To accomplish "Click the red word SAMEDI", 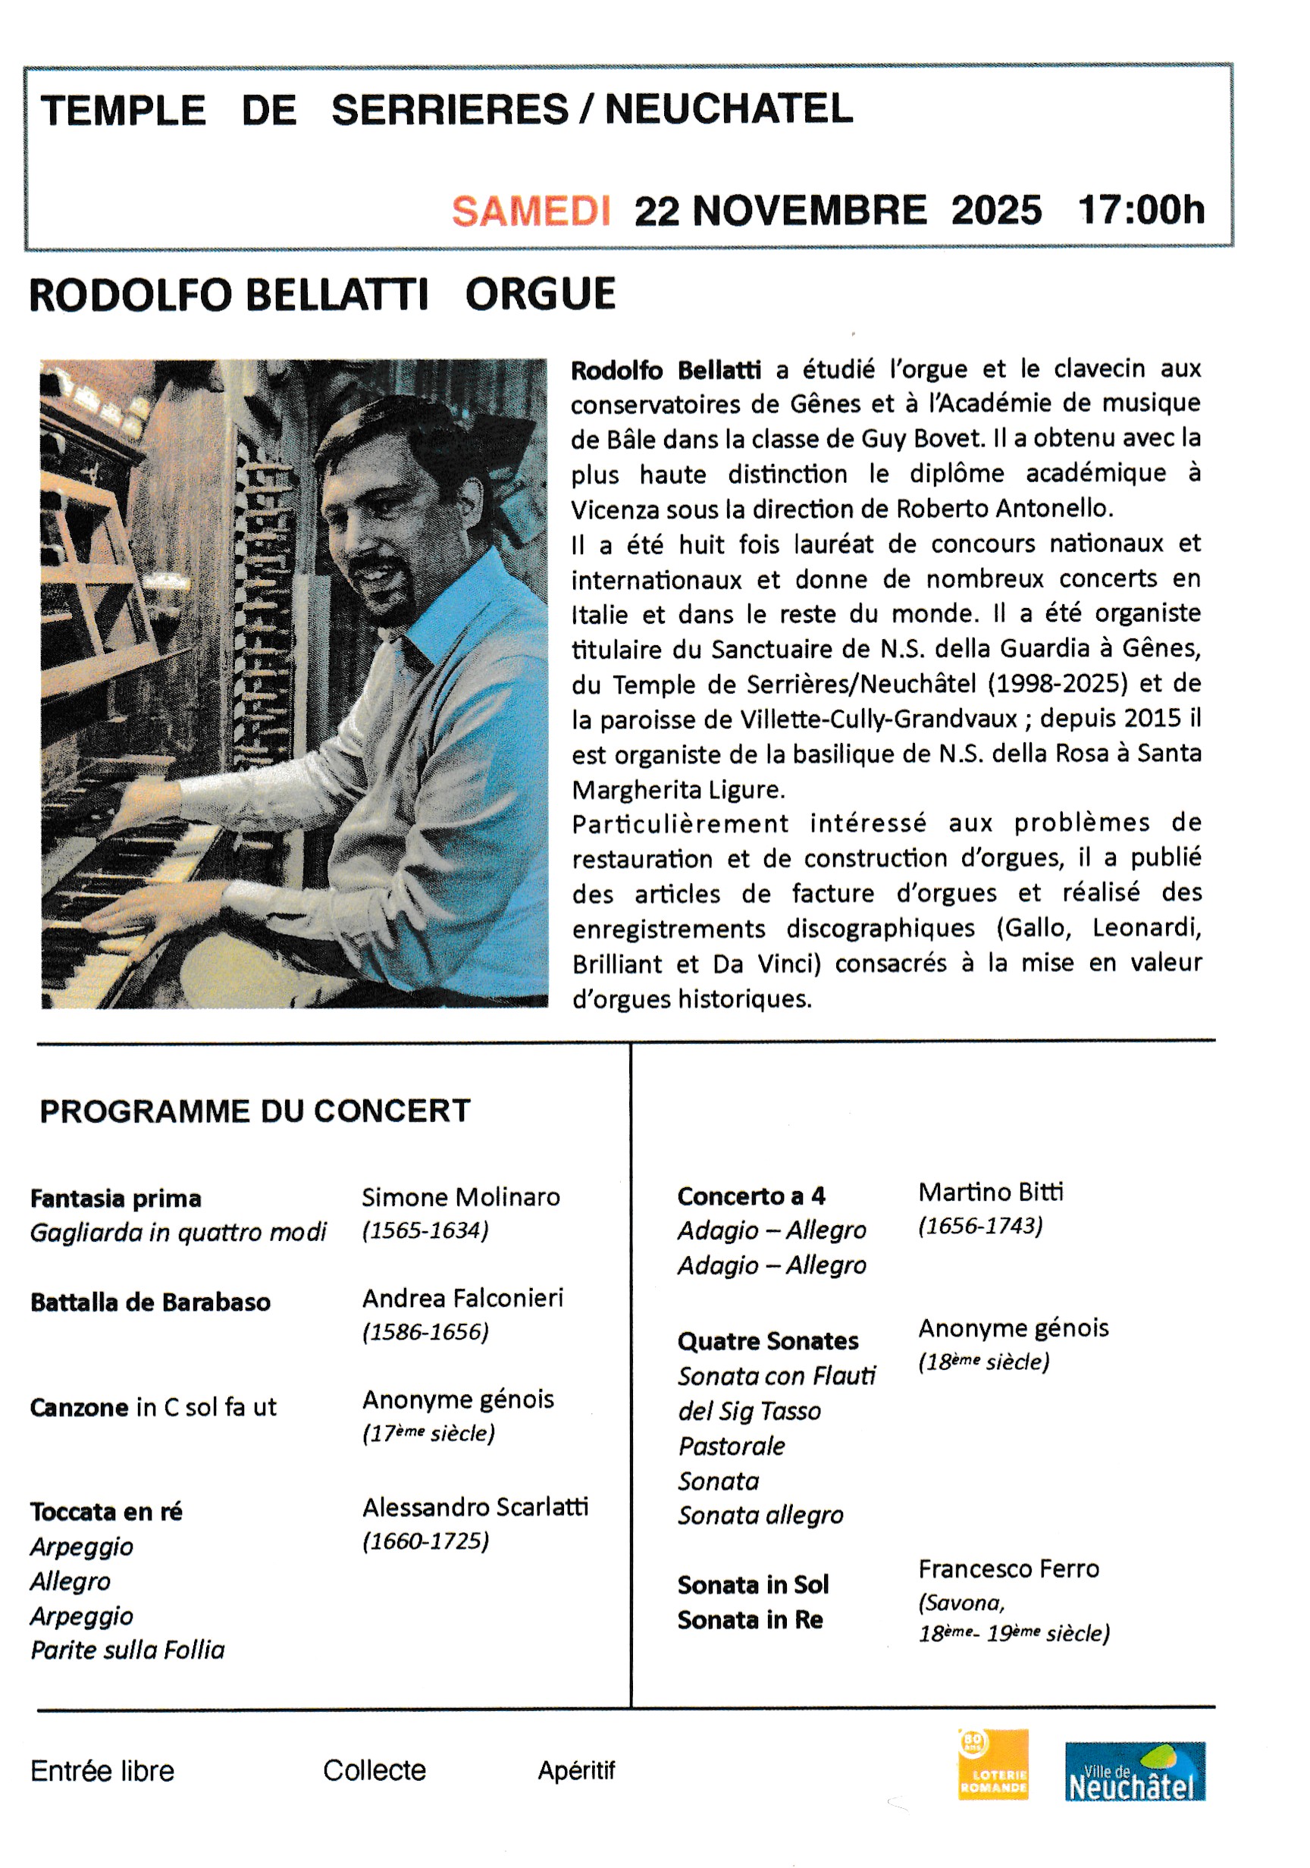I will click(531, 212).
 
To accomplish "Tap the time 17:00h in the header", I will click(1140, 210).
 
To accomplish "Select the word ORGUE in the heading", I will click(540, 294).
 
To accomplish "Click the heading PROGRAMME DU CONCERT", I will click(255, 1111).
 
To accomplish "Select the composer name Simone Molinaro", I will click(460, 1198).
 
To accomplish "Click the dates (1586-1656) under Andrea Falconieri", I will click(425, 1332).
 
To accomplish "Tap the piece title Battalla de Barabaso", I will click(151, 1302).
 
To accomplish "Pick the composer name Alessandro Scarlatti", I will click(475, 1508).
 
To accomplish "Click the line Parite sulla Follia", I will click(128, 1650).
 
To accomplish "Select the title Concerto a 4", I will click(751, 1197).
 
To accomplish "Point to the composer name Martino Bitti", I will click(990, 1193).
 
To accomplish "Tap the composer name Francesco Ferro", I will click(1008, 1569).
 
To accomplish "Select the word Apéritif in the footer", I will click(576, 1771).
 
